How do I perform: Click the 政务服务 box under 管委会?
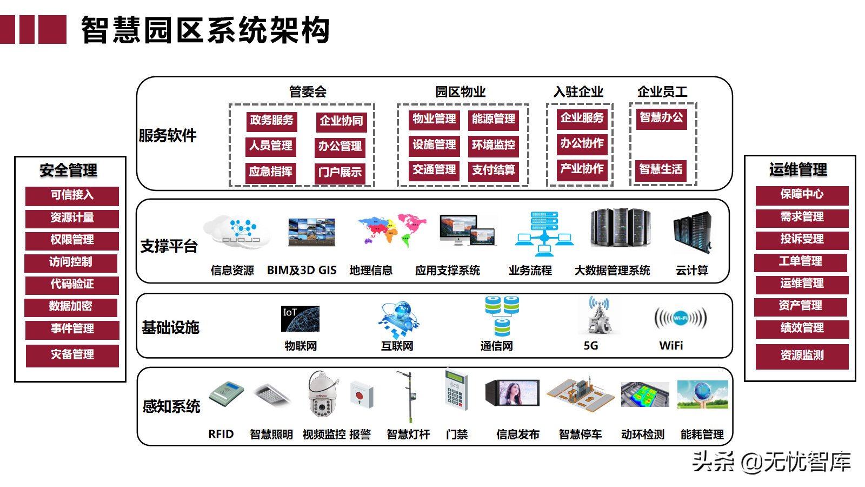coord(272,121)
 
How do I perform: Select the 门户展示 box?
coord(340,173)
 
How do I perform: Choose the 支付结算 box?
coord(493,170)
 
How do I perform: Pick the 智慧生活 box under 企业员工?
coord(661,170)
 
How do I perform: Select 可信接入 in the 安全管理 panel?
coord(72,195)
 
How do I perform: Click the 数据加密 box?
coord(71,307)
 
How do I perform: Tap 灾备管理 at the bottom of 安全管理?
coord(72,355)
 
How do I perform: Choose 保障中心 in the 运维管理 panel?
coord(802,195)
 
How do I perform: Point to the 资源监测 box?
coord(802,356)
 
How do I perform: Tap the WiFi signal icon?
coord(680,318)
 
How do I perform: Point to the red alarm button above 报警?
coord(361,394)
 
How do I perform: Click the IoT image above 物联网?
coord(300,319)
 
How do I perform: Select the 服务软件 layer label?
coord(168,135)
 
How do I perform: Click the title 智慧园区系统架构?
coord(205,30)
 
